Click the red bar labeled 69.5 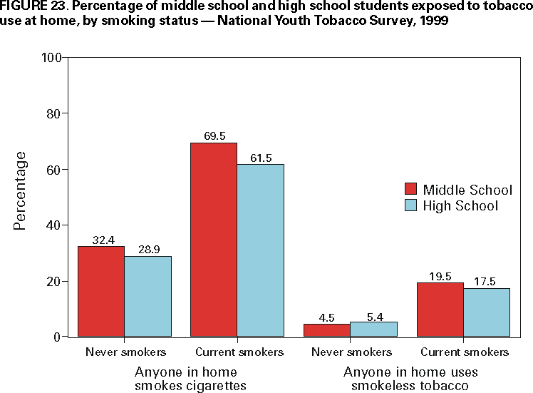click(213, 239)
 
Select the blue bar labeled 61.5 click(260, 250)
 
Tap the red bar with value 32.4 click(100, 291)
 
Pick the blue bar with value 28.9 click(148, 296)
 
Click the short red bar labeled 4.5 click(327, 330)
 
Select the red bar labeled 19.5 click(440, 309)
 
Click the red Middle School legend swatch click(410, 189)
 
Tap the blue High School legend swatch click(410, 205)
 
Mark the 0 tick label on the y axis click(57, 336)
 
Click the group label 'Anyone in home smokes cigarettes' click(185, 379)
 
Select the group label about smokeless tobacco click(410, 379)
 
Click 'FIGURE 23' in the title click(29, 6)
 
